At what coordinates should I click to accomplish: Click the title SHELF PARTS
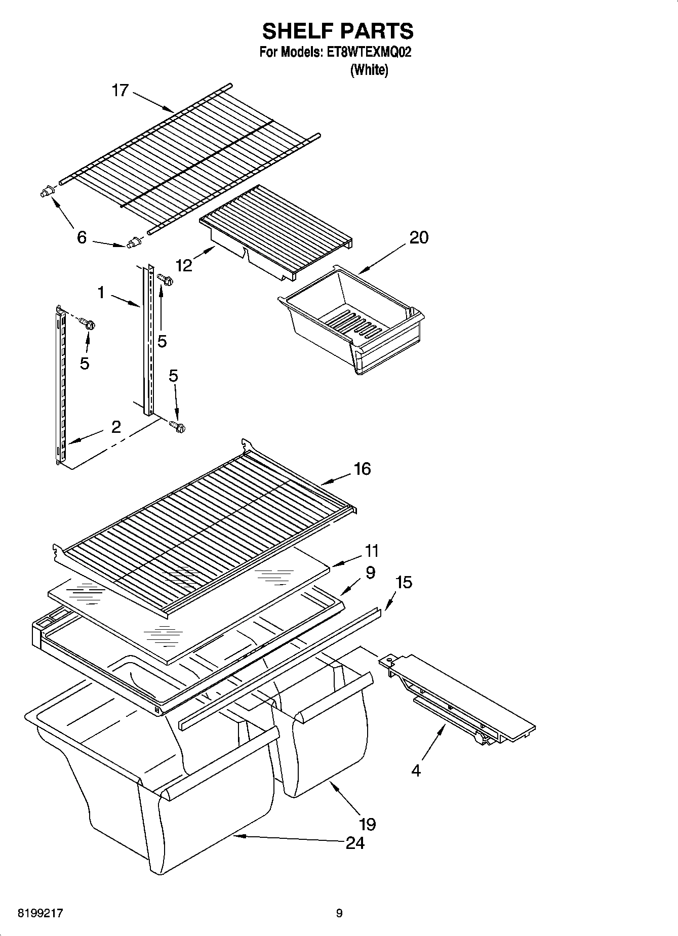pos(338,31)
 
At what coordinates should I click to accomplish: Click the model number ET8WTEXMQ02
pos(366,52)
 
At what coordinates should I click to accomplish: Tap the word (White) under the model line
pos(369,70)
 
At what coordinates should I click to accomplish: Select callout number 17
pos(121,91)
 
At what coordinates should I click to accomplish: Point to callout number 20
pos(419,237)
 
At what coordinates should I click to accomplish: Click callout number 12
pos(184,265)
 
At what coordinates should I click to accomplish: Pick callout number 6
pos(82,237)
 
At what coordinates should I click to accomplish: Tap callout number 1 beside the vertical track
pos(101,292)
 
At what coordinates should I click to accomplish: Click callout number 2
pos(116,427)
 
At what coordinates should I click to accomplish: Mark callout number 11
pos(372,550)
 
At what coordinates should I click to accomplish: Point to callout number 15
pos(404,582)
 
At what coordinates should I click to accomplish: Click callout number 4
pos(416,771)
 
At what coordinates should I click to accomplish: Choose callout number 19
pos(368,824)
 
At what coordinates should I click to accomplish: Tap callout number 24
pos(355,843)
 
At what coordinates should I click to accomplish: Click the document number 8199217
pos(41,913)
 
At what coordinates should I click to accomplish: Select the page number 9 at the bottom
pos(339,913)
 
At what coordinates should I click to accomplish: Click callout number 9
pos(370,573)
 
